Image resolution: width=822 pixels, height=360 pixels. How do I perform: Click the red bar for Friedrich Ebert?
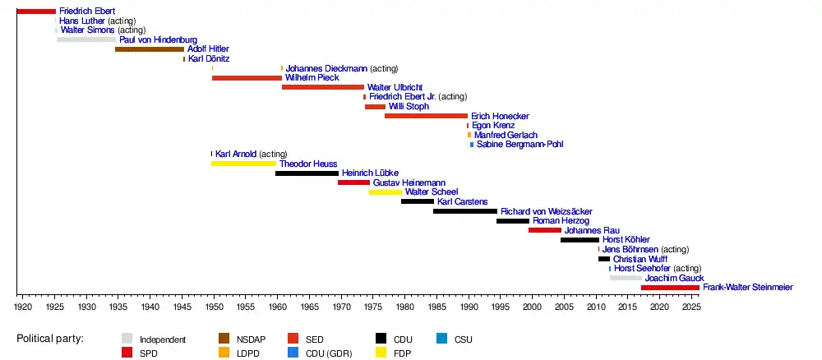[36, 11]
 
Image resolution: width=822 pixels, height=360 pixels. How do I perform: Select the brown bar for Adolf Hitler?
[150, 49]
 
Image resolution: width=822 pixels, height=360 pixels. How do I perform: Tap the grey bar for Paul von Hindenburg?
[86, 39]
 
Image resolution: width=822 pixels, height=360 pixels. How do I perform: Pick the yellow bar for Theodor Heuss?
[243, 164]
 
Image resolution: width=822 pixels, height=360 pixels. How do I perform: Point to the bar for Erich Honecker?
[426, 116]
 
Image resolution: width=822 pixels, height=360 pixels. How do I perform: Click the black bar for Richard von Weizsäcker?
[465, 211]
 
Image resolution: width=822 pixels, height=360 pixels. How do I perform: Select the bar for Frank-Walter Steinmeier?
[670, 287]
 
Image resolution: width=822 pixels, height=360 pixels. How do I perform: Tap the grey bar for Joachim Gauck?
[626, 278]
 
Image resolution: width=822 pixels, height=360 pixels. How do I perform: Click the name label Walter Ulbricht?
[395, 87]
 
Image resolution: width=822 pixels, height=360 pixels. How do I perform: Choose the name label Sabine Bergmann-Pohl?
[520, 144]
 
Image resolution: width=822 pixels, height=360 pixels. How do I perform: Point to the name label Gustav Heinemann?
[409, 183]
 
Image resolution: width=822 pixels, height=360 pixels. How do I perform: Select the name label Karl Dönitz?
[209, 58]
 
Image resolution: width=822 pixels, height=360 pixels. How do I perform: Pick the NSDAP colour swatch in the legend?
[224, 339]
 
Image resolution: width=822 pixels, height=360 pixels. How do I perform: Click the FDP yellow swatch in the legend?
[381, 353]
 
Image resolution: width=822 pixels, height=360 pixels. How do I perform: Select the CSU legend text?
[463, 339]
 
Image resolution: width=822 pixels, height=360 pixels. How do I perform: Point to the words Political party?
[50, 339]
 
